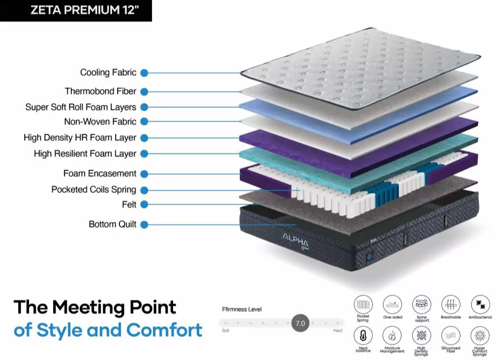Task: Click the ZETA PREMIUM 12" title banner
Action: click(x=76, y=10)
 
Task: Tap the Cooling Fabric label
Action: click(x=108, y=73)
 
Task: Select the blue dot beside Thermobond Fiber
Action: click(x=144, y=91)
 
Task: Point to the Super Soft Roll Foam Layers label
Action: click(x=81, y=107)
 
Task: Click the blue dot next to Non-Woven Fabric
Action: click(x=144, y=121)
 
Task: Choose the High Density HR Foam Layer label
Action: click(x=80, y=138)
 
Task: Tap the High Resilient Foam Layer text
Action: click(x=85, y=154)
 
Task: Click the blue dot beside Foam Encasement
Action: click(x=144, y=174)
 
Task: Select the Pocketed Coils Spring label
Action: click(x=93, y=190)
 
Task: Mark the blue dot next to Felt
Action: click(x=144, y=205)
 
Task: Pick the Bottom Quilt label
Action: click(x=113, y=224)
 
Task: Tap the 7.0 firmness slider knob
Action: click(x=300, y=324)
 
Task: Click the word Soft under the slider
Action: click(x=226, y=331)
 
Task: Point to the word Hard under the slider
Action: click(x=338, y=331)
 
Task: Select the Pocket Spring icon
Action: click(x=363, y=304)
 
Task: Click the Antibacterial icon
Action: click(x=480, y=304)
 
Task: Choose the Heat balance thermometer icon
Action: click(x=363, y=336)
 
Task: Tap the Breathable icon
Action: click(x=450, y=304)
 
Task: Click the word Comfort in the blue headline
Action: click(x=164, y=330)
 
